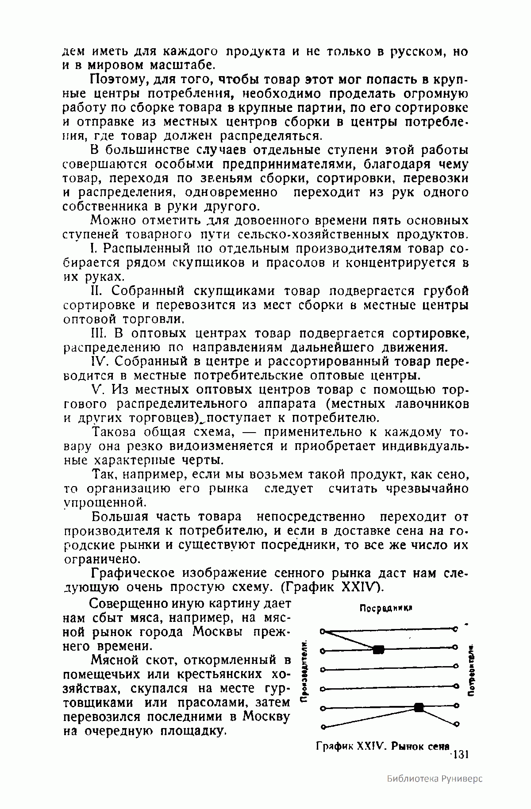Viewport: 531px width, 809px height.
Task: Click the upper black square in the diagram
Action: coord(378,649)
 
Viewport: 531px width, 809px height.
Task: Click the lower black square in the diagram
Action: coord(419,707)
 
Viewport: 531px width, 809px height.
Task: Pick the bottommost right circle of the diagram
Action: coord(456,724)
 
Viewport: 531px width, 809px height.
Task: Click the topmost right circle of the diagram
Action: coord(455,628)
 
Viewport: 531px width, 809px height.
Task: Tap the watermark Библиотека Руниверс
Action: coord(434,778)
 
